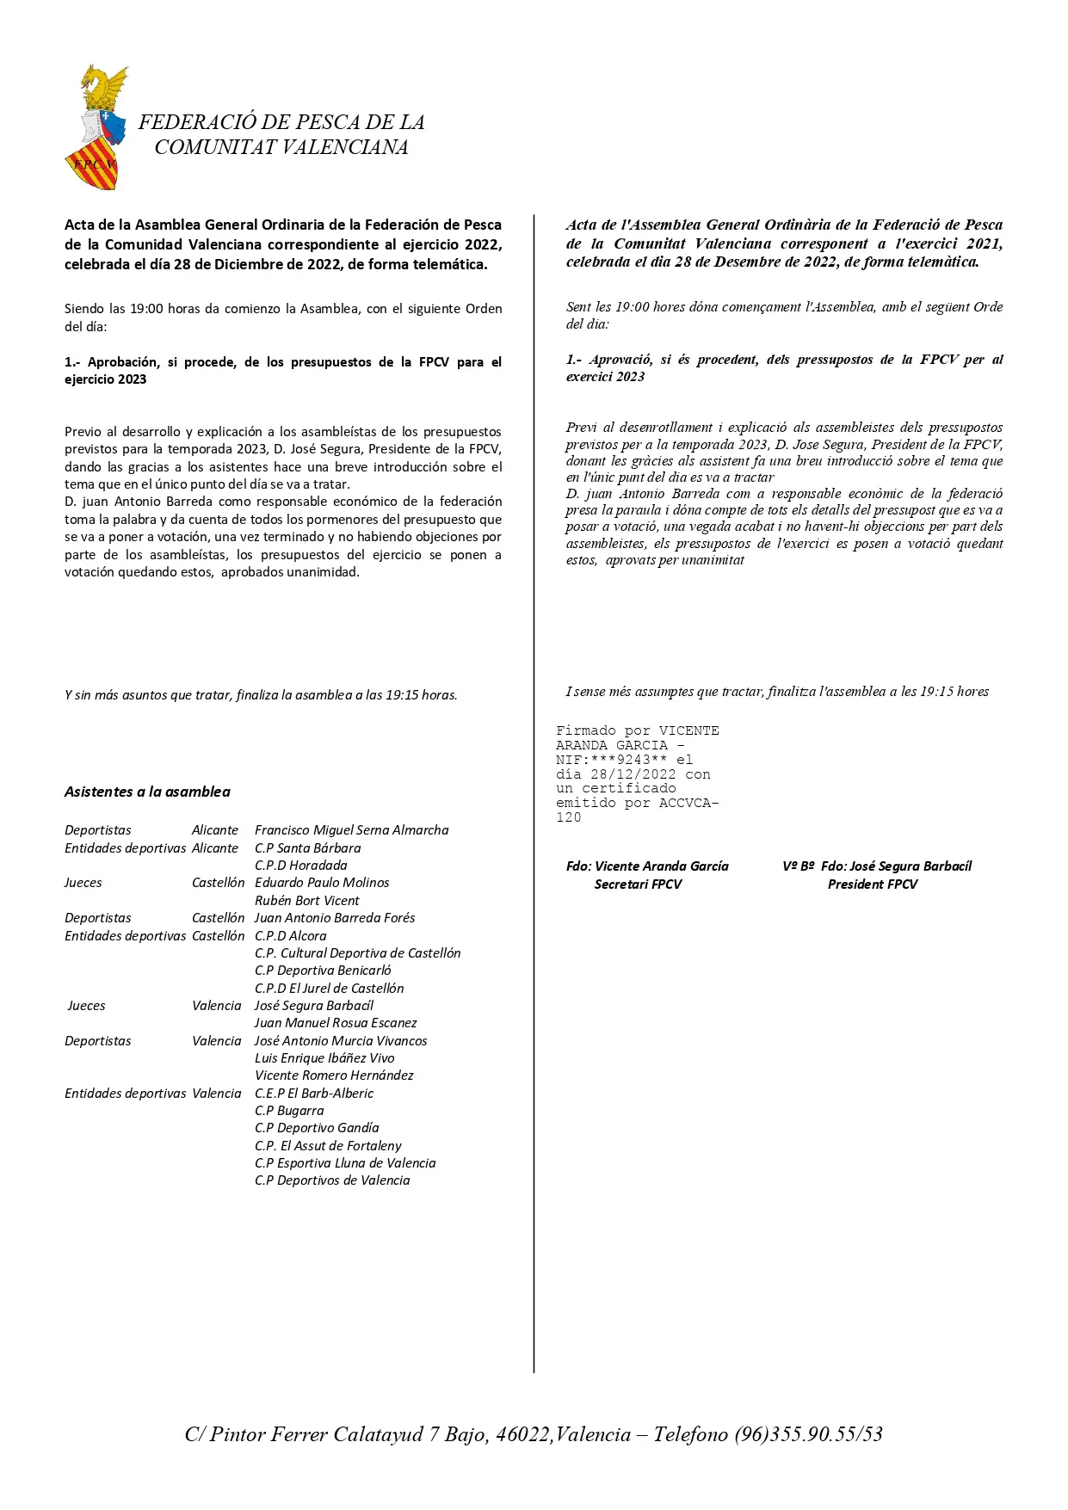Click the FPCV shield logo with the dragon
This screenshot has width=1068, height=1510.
96,127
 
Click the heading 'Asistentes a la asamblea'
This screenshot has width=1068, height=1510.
147,792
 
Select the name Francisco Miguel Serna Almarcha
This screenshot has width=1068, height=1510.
351,830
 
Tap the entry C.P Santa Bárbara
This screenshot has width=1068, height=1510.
307,847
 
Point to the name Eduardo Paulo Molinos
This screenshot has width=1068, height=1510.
322,883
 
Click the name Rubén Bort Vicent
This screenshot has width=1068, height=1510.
306,901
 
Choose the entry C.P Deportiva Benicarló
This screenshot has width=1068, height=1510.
323,971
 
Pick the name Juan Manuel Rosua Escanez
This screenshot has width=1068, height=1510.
336,1023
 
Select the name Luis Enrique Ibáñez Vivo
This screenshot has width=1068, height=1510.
324,1058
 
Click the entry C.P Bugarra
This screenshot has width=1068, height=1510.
289,1111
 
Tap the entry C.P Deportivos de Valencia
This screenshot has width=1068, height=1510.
332,1180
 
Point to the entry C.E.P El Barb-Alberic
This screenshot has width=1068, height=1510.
314,1094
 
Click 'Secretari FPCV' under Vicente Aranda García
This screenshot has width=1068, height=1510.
638,884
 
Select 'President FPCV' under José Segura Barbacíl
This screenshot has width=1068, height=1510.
873,884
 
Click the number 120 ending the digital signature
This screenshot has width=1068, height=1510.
569,818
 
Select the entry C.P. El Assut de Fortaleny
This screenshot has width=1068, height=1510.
328,1146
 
